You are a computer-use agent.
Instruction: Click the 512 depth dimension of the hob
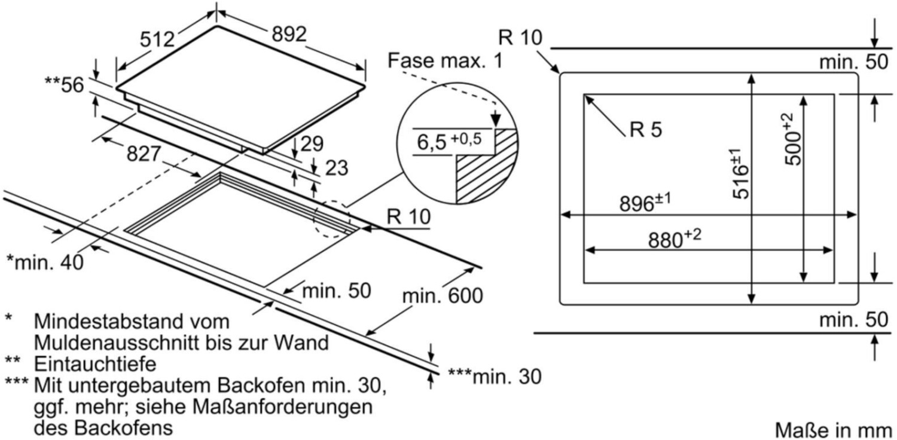click(x=157, y=39)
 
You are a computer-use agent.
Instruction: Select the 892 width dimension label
click(x=289, y=34)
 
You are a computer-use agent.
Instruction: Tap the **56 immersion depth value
click(x=65, y=85)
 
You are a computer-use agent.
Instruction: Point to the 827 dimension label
click(x=144, y=154)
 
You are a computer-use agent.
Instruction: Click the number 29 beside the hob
click(x=312, y=143)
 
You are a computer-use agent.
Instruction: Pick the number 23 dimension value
click(x=336, y=168)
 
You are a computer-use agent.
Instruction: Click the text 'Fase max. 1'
click(x=445, y=61)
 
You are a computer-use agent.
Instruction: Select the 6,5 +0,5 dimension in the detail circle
click(x=449, y=141)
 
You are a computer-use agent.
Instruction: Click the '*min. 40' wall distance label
click(x=45, y=262)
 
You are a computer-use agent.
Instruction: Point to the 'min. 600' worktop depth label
click(x=443, y=296)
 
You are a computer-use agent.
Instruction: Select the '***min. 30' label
click(x=495, y=377)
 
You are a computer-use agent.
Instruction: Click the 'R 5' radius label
click(x=646, y=129)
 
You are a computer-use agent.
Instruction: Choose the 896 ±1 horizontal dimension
click(x=645, y=203)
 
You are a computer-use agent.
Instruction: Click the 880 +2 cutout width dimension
click(x=675, y=239)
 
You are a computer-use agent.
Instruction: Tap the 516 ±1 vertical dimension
click(x=740, y=173)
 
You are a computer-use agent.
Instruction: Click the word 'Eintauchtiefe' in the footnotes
click(x=95, y=364)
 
